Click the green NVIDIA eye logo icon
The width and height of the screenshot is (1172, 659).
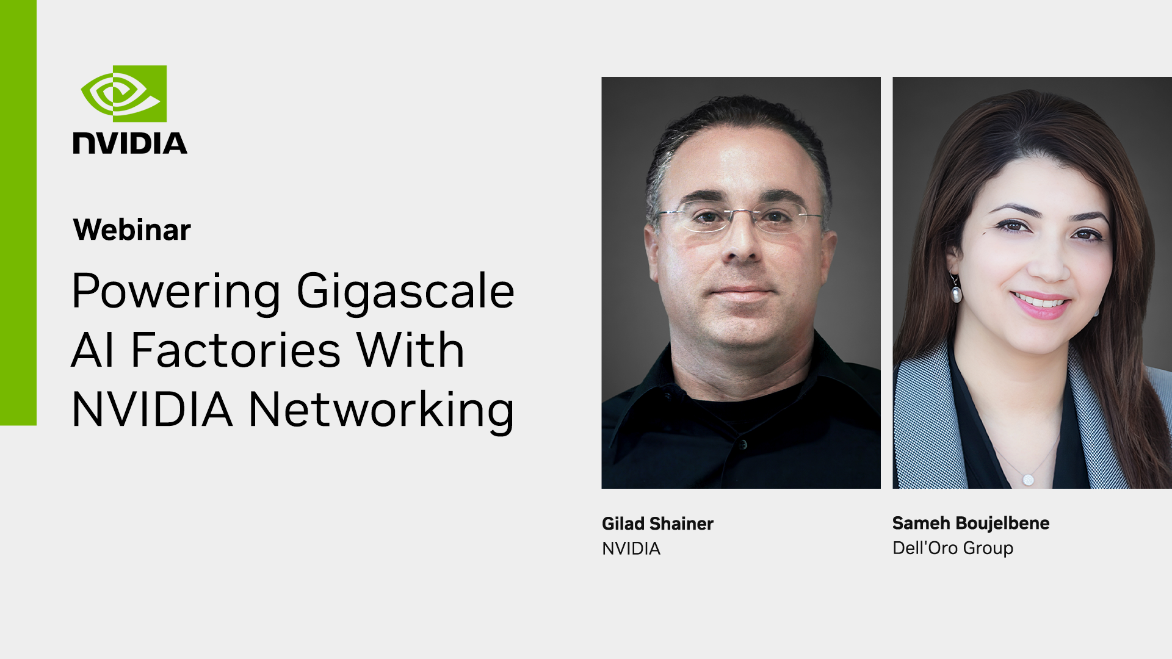click(x=124, y=93)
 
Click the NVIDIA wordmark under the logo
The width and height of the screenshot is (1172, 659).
click(x=130, y=143)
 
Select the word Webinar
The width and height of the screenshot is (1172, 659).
click(x=132, y=230)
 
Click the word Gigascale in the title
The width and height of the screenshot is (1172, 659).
click(x=405, y=292)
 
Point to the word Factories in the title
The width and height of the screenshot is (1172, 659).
click(x=236, y=350)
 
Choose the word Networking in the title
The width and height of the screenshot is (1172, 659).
click(x=382, y=411)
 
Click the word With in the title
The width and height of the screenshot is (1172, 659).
click(x=411, y=350)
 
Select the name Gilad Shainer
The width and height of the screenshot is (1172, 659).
click(x=657, y=524)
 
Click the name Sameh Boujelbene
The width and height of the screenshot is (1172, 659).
click(x=971, y=523)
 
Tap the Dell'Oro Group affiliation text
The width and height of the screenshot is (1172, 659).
click(x=953, y=548)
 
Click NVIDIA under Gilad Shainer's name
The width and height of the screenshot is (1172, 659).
click(x=631, y=549)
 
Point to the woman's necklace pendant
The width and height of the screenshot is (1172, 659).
click(x=1028, y=480)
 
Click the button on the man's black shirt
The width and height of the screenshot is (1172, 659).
click(x=743, y=444)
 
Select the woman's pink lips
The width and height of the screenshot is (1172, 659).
click(x=1040, y=304)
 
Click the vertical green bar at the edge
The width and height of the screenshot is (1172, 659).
click(x=18, y=212)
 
